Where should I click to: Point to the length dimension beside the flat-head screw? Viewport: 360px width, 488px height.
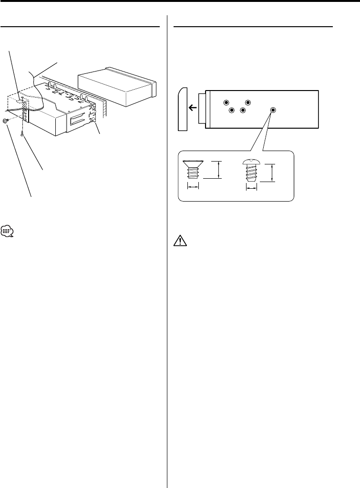point(219,170)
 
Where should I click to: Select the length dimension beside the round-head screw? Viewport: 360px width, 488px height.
point(273,173)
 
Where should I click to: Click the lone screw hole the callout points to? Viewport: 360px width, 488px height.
point(273,110)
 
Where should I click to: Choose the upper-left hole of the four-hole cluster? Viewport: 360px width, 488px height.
point(227,102)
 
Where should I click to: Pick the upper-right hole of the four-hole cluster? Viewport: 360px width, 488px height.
point(248,102)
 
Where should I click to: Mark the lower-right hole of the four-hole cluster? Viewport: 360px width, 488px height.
point(243,111)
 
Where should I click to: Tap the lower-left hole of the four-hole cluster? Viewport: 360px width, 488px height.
point(232,111)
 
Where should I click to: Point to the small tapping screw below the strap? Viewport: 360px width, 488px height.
point(22,135)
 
